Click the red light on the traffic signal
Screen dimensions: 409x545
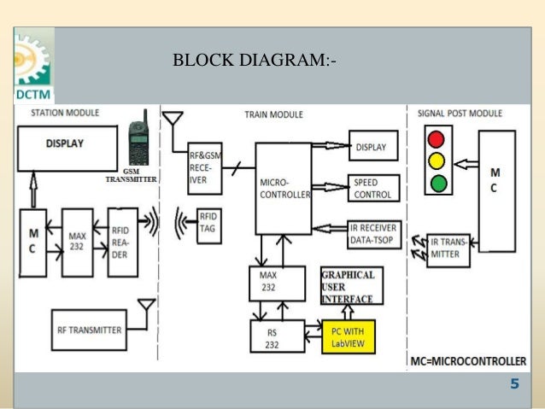coord(438,139)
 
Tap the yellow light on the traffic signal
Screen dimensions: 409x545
coord(438,161)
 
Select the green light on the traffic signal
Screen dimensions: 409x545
coord(438,182)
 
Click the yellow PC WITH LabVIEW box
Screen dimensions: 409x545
coord(348,337)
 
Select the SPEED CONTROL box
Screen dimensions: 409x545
coord(372,189)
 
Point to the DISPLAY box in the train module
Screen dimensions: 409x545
coord(372,147)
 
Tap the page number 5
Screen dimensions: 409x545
coord(514,384)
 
